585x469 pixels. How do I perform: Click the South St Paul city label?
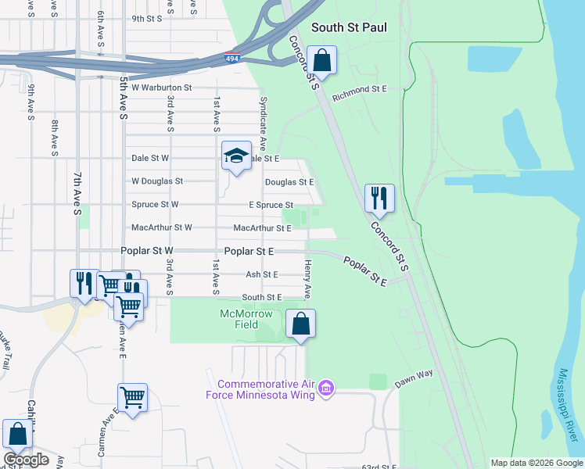click(x=349, y=27)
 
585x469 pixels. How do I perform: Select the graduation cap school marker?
click(x=235, y=156)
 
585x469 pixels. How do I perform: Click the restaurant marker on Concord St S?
click(x=379, y=199)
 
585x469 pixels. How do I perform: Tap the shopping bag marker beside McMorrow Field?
click(x=300, y=324)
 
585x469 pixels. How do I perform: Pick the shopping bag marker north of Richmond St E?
click(x=321, y=59)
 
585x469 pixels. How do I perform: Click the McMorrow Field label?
click(x=246, y=319)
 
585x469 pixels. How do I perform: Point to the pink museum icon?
click(x=327, y=388)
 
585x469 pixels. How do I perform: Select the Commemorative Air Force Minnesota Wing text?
click(x=266, y=388)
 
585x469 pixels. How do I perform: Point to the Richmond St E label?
click(x=360, y=90)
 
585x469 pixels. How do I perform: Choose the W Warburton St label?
click(x=162, y=88)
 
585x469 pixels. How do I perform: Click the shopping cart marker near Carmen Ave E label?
click(x=132, y=399)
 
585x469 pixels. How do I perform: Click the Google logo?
click(x=26, y=460)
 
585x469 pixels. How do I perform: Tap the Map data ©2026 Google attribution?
click(x=536, y=463)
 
